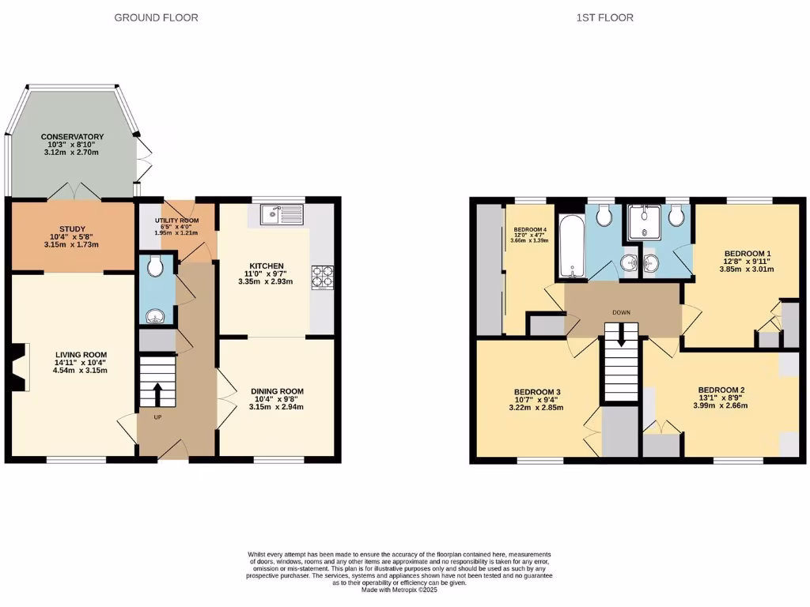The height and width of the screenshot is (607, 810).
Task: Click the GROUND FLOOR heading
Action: [x=157, y=17]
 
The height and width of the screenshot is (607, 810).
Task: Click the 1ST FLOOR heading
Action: [x=605, y=17]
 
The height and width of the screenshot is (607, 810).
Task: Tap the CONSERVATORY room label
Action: [x=73, y=136]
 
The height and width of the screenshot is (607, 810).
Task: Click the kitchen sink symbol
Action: [x=280, y=214]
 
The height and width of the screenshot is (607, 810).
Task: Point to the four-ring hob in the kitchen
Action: [x=323, y=276]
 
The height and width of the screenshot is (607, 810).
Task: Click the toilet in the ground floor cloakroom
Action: [x=154, y=267]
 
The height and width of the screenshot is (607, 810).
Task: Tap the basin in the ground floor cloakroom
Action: [x=153, y=316]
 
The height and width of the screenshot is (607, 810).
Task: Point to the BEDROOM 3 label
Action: [x=537, y=393]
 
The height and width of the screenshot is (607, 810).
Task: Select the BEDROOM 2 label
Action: [x=721, y=390]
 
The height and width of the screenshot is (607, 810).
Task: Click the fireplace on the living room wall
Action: [x=19, y=368]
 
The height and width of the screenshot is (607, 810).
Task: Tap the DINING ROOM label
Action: [x=277, y=391]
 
